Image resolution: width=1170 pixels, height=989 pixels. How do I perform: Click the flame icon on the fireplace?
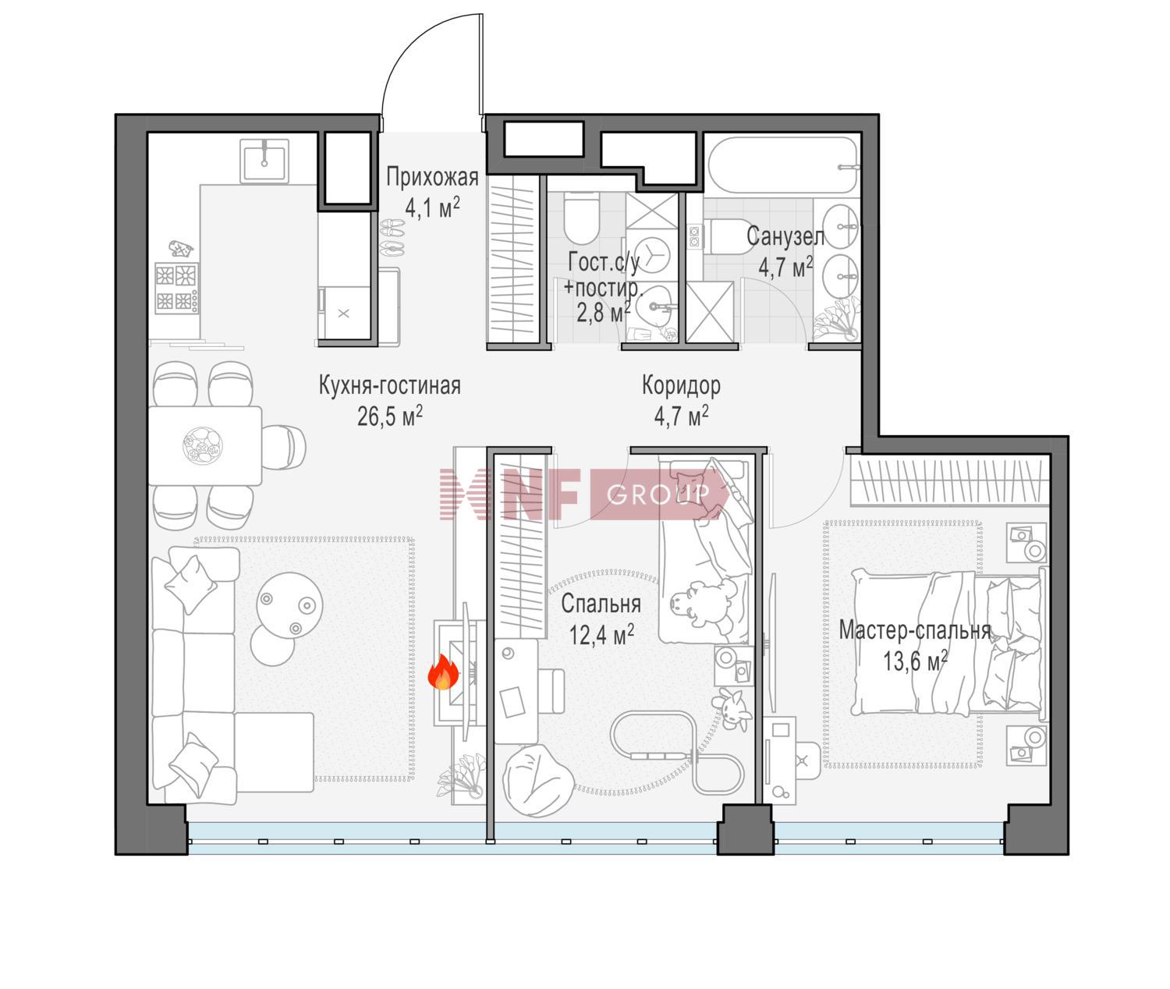(x=443, y=672)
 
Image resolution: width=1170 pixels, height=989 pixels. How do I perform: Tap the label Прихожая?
(x=432, y=177)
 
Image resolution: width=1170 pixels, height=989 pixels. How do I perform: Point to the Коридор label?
(x=681, y=386)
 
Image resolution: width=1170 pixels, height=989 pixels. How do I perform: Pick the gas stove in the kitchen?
(x=177, y=288)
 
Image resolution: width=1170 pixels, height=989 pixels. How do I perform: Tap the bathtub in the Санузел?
(x=783, y=165)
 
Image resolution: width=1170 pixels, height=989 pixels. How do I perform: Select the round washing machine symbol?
(x=651, y=255)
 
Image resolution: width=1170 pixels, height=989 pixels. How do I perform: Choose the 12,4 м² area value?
(x=601, y=635)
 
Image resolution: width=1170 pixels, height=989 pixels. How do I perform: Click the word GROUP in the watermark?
(x=658, y=494)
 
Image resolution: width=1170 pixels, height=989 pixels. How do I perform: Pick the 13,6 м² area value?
(x=915, y=661)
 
